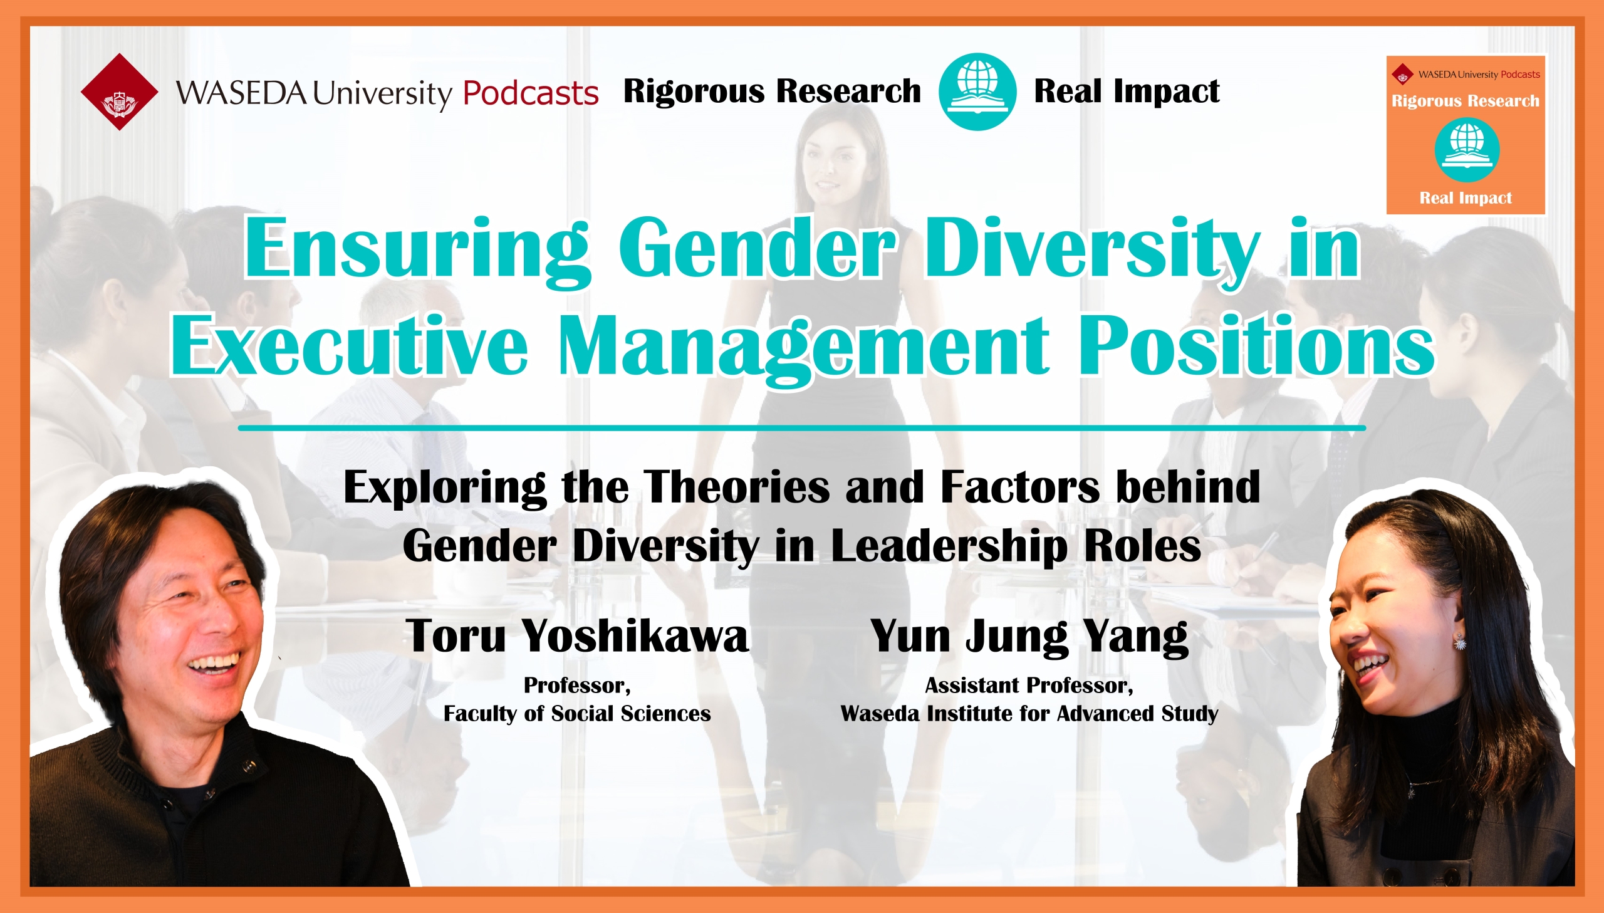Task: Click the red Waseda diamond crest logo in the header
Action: tap(120, 91)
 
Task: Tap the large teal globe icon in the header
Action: tap(977, 91)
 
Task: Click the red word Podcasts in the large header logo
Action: tap(530, 93)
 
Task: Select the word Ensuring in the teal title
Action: tap(417, 251)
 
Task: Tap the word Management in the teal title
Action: tap(804, 348)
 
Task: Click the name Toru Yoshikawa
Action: tap(577, 635)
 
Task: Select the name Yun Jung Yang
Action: tap(1029, 637)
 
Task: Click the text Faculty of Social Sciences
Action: tap(576, 714)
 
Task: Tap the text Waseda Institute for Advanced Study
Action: tap(1029, 714)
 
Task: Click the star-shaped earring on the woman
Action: tap(1460, 642)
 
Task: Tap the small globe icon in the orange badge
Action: tap(1467, 150)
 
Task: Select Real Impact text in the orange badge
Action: tap(1466, 198)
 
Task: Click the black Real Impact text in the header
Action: tap(1127, 91)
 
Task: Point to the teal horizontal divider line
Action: tap(801, 427)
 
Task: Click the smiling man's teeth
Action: tap(214, 662)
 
